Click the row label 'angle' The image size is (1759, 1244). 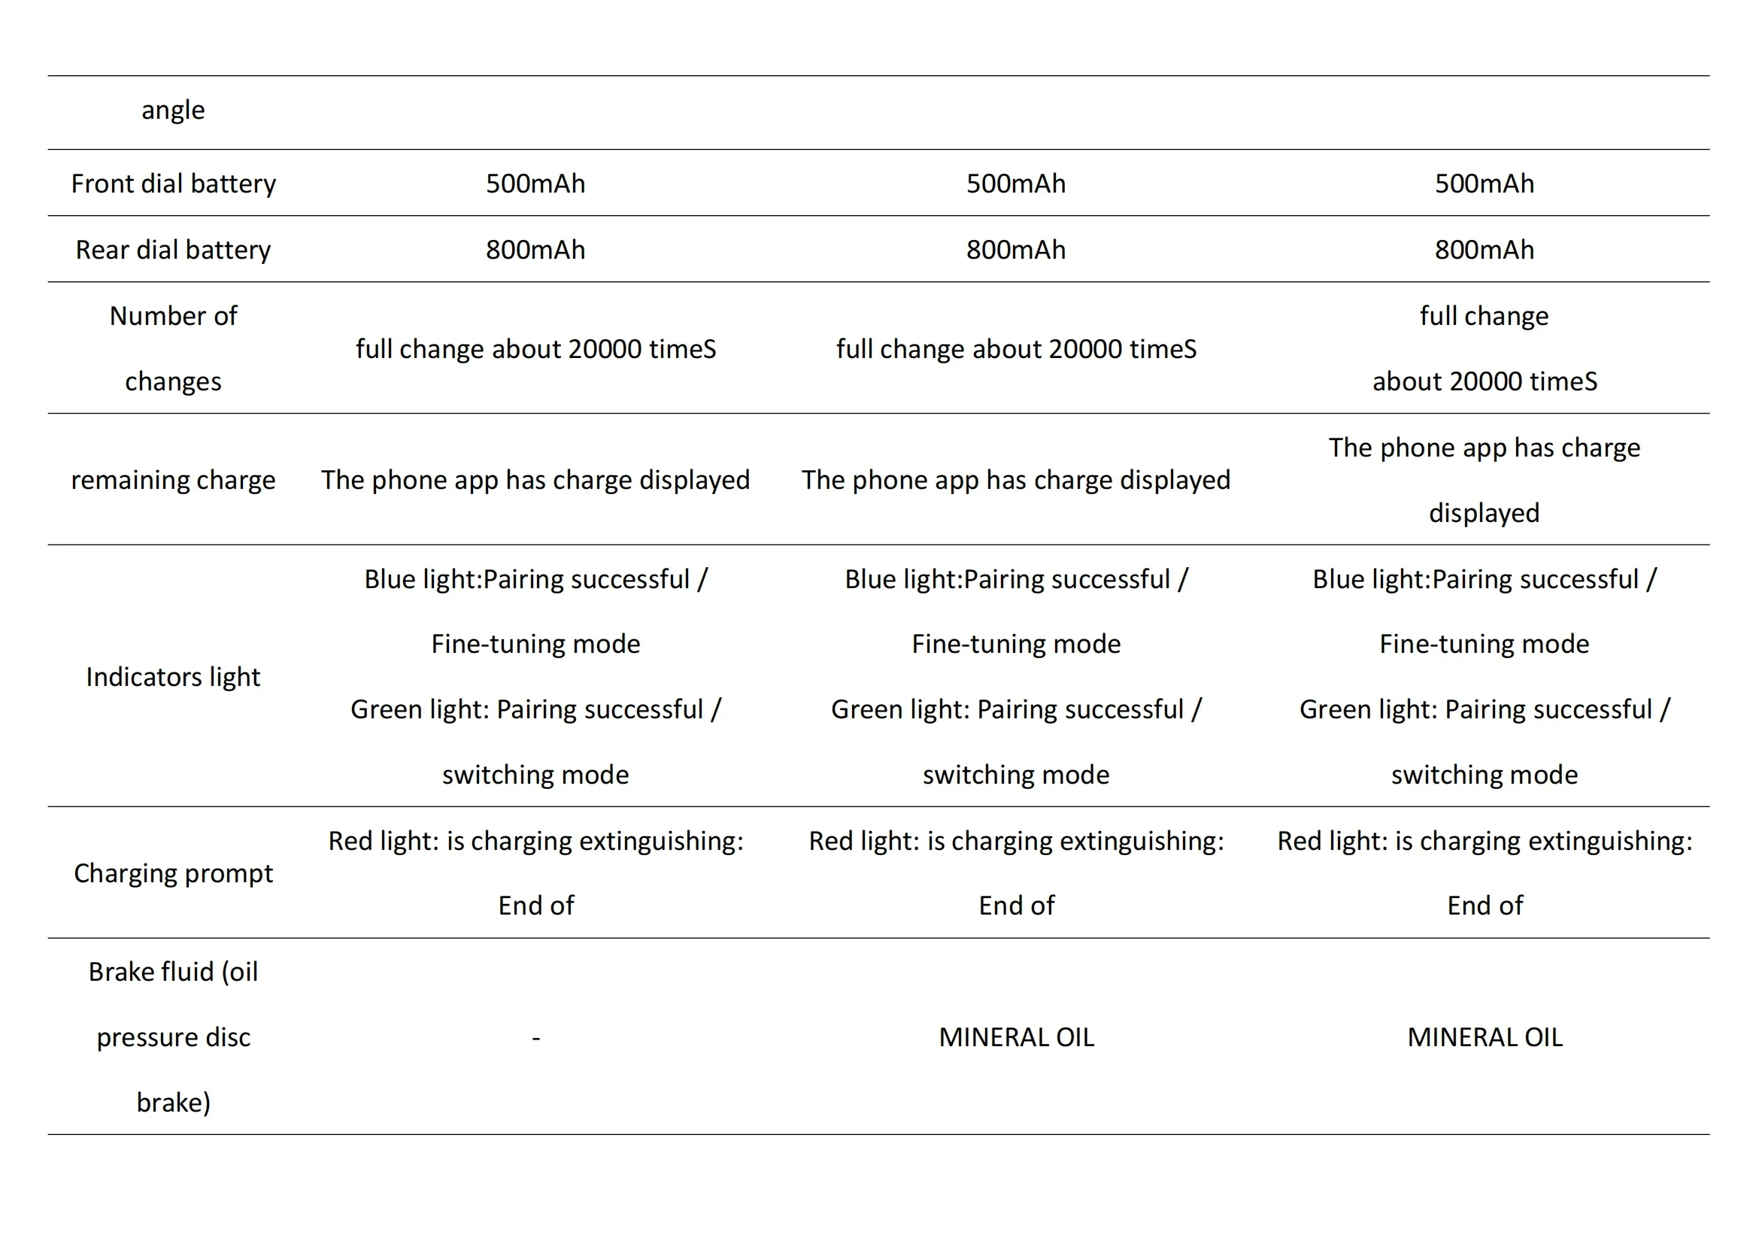click(x=173, y=111)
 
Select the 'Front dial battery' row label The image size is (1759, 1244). click(x=173, y=184)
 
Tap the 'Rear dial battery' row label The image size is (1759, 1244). click(x=173, y=250)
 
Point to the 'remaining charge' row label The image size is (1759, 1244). click(x=173, y=480)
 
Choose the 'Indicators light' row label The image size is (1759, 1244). click(x=173, y=676)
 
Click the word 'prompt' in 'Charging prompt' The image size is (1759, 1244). click(x=229, y=873)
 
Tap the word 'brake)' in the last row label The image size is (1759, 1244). click(x=173, y=1102)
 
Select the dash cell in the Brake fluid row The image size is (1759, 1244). click(x=535, y=1037)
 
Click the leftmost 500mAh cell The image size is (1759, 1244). click(x=535, y=184)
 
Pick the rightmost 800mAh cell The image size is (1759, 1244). click(x=1484, y=250)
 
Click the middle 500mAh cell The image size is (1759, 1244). click(x=1016, y=184)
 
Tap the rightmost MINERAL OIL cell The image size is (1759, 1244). click(x=1485, y=1037)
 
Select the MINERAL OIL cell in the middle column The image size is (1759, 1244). click(x=1016, y=1037)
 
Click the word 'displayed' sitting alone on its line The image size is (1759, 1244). click(x=1484, y=512)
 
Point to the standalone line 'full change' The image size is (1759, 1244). click(x=1484, y=316)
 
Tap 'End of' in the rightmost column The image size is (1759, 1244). click(x=1485, y=906)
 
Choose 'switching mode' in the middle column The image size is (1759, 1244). click(x=1016, y=775)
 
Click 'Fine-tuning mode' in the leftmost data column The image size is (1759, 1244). click(x=535, y=644)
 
